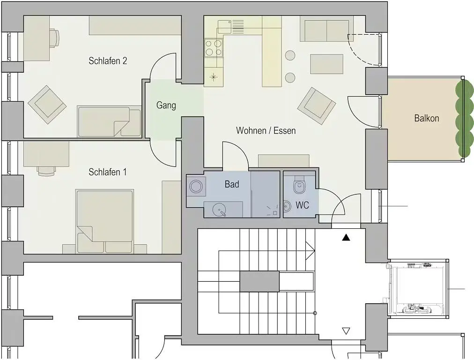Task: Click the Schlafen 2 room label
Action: click(x=108, y=61)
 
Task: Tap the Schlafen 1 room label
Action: click(x=108, y=172)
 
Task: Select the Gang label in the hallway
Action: click(x=166, y=105)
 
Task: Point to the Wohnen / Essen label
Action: click(x=266, y=130)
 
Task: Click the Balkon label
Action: click(x=427, y=118)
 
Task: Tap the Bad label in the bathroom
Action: click(x=232, y=184)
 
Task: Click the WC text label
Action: click(x=302, y=205)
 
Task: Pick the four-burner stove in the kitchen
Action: click(x=214, y=48)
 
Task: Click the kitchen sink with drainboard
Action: click(x=230, y=26)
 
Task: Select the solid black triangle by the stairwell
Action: click(x=346, y=238)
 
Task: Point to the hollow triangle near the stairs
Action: click(x=346, y=331)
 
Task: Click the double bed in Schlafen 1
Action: click(x=104, y=221)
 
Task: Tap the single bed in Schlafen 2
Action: click(x=110, y=121)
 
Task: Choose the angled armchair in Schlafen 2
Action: click(x=47, y=105)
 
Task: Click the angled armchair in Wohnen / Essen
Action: click(x=317, y=106)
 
